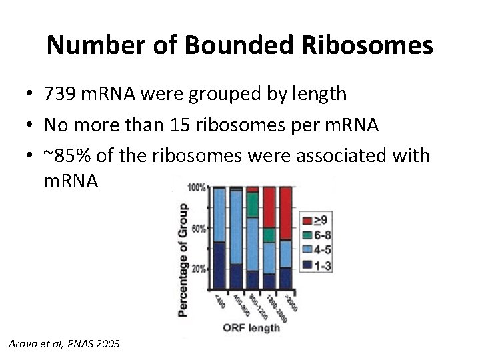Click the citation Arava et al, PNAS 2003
(x=65, y=343)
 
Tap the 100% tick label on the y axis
(x=197, y=188)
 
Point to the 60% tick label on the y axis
(x=199, y=229)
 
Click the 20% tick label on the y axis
(x=199, y=269)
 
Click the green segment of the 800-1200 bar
(x=252, y=205)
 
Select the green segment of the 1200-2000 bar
(x=269, y=235)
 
